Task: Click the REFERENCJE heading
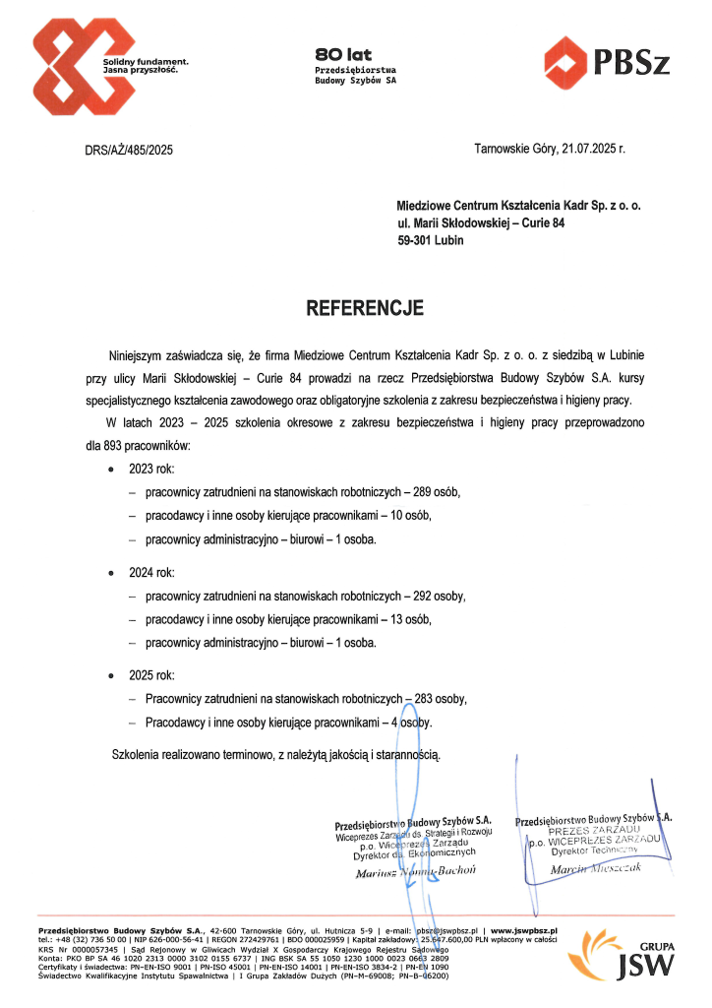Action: pyautogui.click(x=365, y=308)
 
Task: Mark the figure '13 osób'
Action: pyautogui.click(x=410, y=619)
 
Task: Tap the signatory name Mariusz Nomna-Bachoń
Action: pyautogui.click(x=415, y=871)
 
